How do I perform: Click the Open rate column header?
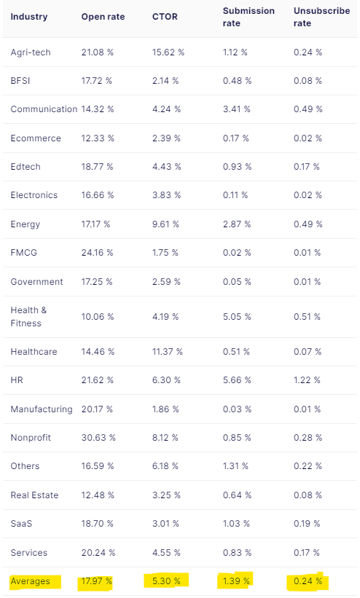(103, 17)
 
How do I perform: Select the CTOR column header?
(165, 17)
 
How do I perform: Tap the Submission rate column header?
(249, 17)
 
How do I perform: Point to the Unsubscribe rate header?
(321, 17)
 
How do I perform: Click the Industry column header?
(29, 17)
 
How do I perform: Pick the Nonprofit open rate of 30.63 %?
(98, 438)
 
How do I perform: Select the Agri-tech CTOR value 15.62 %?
(168, 52)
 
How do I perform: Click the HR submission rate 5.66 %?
(237, 380)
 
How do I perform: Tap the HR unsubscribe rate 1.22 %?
(307, 380)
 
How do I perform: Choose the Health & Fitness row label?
(28, 317)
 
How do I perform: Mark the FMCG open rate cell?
(97, 253)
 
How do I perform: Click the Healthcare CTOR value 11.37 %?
(167, 352)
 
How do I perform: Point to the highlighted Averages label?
(30, 581)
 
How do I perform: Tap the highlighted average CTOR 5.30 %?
(166, 581)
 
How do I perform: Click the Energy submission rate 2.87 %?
(237, 224)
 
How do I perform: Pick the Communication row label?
(44, 109)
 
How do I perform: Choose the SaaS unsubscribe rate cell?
(307, 523)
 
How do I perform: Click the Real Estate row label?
(34, 495)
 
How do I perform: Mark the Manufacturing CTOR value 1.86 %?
(165, 409)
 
